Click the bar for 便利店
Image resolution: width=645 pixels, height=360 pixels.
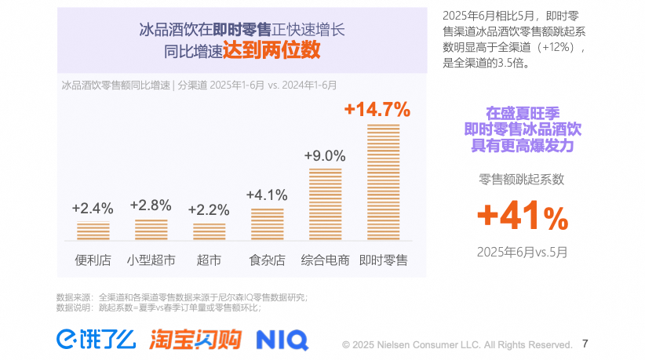93,231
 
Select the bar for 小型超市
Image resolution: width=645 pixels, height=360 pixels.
151,229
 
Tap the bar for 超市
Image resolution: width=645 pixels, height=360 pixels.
210,231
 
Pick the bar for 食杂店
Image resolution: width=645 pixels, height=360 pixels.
268,224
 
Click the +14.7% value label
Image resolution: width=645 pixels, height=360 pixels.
377,109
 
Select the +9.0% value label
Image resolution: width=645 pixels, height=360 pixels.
325,155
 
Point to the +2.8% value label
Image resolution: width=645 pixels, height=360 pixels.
151,205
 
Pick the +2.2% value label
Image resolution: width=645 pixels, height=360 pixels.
209,209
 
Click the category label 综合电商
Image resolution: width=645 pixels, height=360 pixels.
325,260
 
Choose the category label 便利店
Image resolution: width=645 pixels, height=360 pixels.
93,260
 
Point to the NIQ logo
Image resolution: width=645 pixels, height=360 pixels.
282,340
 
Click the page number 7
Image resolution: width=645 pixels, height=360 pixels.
585,343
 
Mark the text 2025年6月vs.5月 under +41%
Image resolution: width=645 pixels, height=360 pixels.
522,252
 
